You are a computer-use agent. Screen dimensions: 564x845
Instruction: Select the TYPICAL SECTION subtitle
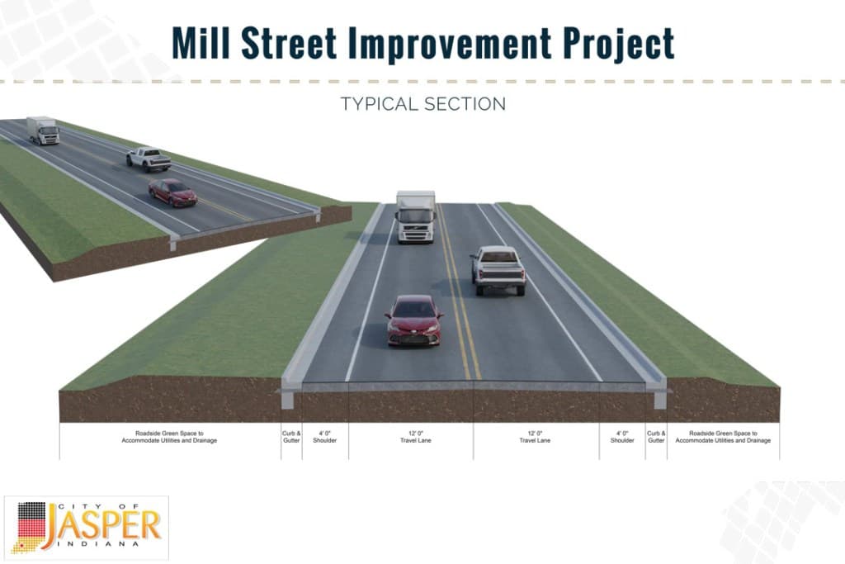tap(422, 104)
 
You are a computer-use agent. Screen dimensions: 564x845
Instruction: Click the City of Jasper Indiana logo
tap(87, 527)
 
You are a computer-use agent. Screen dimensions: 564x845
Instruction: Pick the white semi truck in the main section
tap(416, 216)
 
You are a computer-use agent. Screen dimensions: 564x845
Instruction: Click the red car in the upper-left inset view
tap(172, 192)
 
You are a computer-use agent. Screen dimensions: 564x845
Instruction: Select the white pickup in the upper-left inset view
tap(149, 158)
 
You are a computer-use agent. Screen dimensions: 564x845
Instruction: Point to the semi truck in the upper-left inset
tap(43, 130)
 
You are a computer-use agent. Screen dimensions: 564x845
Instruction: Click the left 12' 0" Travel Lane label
tap(410, 437)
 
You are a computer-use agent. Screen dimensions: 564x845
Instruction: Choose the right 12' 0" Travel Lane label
tap(536, 437)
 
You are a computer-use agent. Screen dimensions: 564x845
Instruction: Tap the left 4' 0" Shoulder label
tap(325, 437)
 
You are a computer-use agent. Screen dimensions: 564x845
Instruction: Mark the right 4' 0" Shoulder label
tap(622, 437)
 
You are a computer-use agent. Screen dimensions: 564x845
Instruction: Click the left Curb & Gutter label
tap(291, 437)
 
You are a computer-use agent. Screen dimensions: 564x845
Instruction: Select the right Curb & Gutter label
tap(656, 437)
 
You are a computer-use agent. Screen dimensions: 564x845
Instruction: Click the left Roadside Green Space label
tap(170, 437)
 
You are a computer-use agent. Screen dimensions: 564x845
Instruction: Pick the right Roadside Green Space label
tap(723, 437)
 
